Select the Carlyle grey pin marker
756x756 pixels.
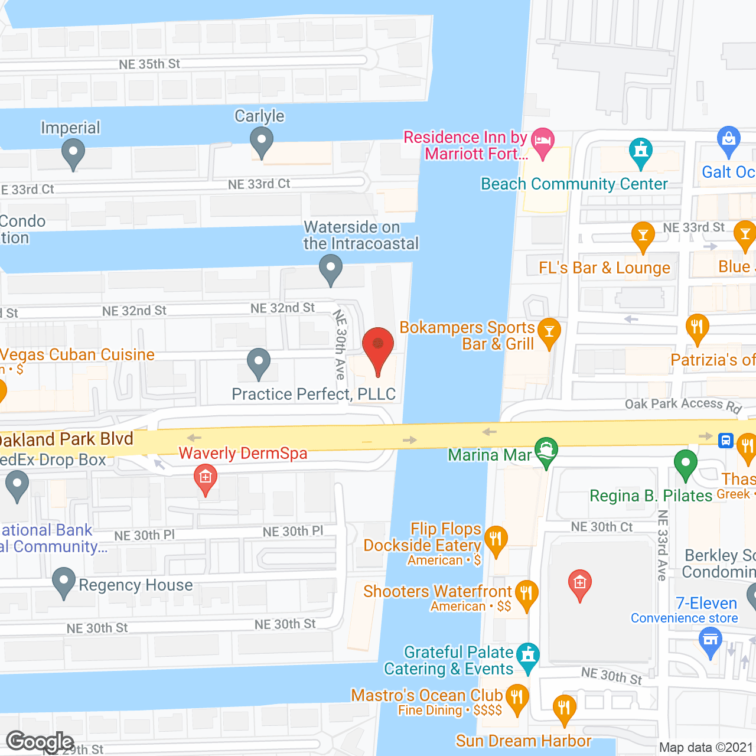click(261, 142)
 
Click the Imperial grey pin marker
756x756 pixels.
click(73, 153)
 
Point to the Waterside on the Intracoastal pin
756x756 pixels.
click(331, 269)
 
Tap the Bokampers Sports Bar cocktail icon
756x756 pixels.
click(549, 333)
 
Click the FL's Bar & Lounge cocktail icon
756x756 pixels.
click(643, 236)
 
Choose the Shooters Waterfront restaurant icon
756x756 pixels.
click(526, 594)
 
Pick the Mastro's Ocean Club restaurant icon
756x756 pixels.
click(517, 698)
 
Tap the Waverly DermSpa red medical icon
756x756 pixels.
click(206, 478)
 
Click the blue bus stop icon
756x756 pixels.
click(726, 441)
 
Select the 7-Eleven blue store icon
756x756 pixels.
click(710, 641)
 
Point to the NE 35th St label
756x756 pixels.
click(149, 64)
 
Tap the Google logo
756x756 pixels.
click(40, 742)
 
